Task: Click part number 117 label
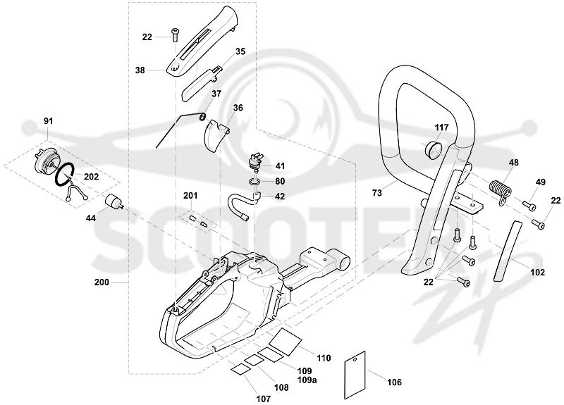click(x=441, y=127)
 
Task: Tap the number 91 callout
click(x=48, y=121)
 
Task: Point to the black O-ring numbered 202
click(x=65, y=174)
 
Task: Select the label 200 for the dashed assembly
click(x=102, y=282)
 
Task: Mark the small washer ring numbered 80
click(x=255, y=181)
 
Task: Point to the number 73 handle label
click(x=376, y=193)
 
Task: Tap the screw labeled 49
click(x=529, y=206)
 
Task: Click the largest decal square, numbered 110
click(x=286, y=341)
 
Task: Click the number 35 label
click(x=240, y=51)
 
